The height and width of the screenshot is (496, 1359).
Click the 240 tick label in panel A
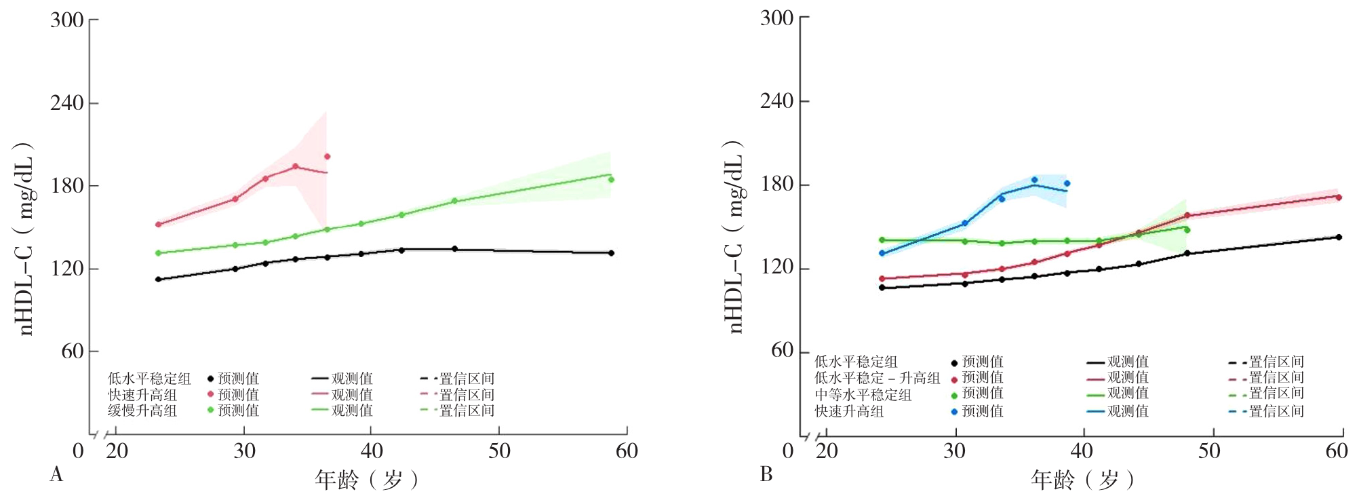[x=66, y=103]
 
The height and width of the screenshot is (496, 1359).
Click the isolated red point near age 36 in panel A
[x=327, y=157]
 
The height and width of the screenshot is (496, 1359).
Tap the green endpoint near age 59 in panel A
[x=611, y=180]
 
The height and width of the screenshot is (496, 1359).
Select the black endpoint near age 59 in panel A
[x=611, y=253]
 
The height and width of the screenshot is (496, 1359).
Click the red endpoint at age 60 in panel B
[x=1339, y=197]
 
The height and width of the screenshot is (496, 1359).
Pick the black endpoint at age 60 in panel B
[x=1339, y=237]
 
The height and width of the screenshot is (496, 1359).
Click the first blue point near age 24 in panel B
[x=882, y=254]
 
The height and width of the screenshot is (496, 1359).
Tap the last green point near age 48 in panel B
[x=1187, y=230]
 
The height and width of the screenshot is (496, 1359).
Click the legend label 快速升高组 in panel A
[x=142, y=395]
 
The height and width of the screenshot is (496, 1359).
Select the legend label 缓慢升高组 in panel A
[x=142, y=411]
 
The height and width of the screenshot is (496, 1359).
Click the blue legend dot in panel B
[x=954, y=411]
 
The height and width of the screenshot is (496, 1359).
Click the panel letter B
[x=766, y=474]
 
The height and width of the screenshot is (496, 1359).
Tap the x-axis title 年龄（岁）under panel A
[x=366, y=480]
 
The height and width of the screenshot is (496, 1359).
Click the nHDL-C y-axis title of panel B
[x=735, y=237]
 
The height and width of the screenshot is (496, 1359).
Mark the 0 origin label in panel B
[x=787, y=451]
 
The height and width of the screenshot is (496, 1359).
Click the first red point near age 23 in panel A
[x=158, y=225]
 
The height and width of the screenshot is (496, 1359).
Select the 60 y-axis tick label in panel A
[x=71, y=351]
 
